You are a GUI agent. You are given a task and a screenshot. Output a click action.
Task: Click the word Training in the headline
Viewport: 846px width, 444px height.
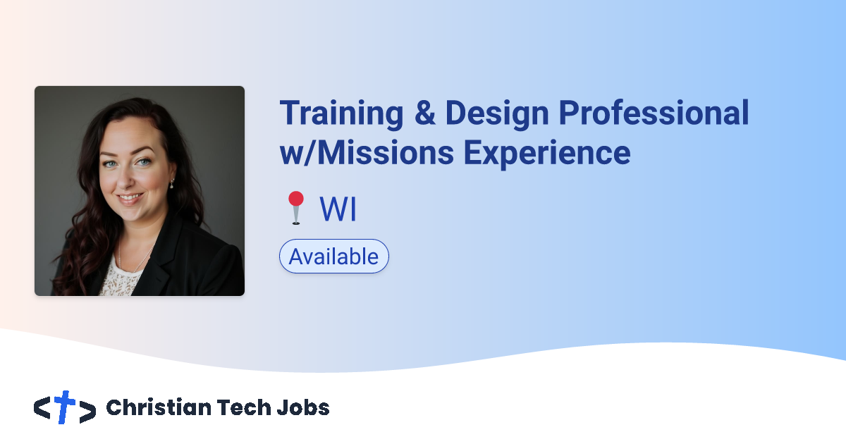click(x=342, y=113)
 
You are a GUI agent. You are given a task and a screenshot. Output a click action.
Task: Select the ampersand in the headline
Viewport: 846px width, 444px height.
click(x=425, y=113)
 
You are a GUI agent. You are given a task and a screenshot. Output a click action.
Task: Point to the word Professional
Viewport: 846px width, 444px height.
click(x=653, y=113)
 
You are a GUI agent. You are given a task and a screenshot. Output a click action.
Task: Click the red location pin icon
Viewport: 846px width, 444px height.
click(x=295, y=208)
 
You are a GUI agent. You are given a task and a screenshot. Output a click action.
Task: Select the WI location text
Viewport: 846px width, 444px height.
click(x=338, y=209)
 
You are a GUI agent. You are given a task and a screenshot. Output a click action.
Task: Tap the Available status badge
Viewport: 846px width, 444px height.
click(x=334, y=257)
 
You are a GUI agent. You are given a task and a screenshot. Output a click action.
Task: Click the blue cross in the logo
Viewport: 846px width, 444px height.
click(x=65, y=407)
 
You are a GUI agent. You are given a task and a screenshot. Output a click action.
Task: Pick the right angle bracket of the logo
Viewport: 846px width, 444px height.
click(x=87, y=411)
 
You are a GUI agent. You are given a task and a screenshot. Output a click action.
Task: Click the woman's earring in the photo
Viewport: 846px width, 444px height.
click(x=171, y=185)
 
